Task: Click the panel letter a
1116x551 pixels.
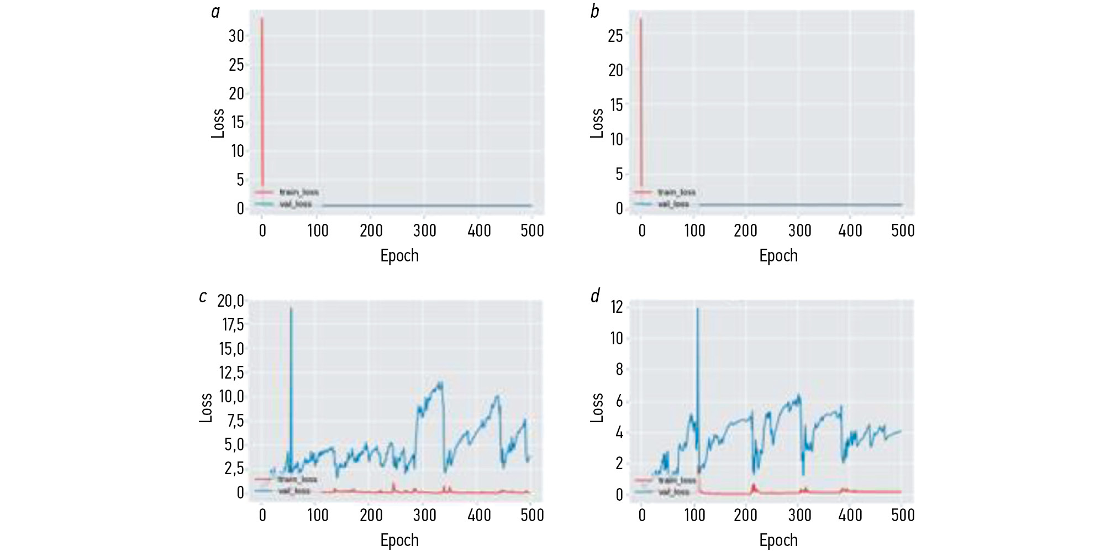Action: point(215,12)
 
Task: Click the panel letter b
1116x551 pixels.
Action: point(594,12)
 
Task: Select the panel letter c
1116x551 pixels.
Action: point(203,297)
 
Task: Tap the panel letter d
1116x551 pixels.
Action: point(595,296)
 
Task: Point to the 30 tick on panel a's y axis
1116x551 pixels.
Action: point(236,36)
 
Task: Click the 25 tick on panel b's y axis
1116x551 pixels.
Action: point(615,36)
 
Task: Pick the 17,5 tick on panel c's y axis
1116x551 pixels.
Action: point(233,324)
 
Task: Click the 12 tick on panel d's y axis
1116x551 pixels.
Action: point(617,307)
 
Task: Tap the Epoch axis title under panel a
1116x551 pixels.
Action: point(399,256)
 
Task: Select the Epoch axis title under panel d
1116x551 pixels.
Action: point(778,540)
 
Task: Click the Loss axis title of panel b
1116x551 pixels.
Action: point(597,123)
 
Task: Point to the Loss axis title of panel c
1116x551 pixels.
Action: point(206,408)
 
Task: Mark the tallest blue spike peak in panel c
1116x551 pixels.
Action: point(291,308)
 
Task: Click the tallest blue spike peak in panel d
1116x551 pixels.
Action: point(697,308)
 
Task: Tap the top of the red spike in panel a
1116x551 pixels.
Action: point(262,18)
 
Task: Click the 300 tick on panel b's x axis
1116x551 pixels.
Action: point(799,230)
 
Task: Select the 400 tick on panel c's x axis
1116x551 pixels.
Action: point(479,515)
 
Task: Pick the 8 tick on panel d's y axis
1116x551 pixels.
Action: point(619,369)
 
